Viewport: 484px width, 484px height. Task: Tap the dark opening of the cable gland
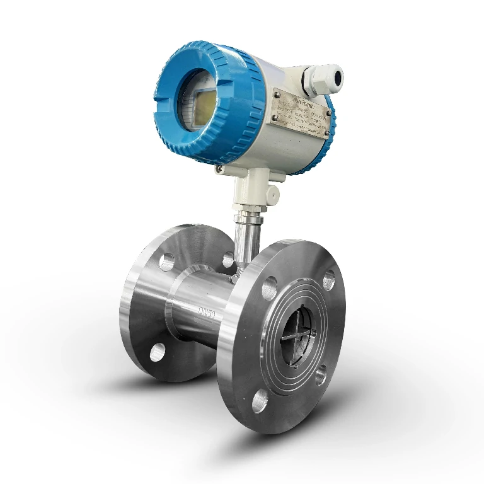337,77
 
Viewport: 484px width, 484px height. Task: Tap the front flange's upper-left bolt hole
269,287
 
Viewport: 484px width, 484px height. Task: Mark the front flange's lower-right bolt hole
321,376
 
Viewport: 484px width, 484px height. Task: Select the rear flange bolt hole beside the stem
228,260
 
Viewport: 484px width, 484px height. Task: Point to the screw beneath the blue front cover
219,170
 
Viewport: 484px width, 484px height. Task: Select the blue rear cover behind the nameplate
328,126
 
